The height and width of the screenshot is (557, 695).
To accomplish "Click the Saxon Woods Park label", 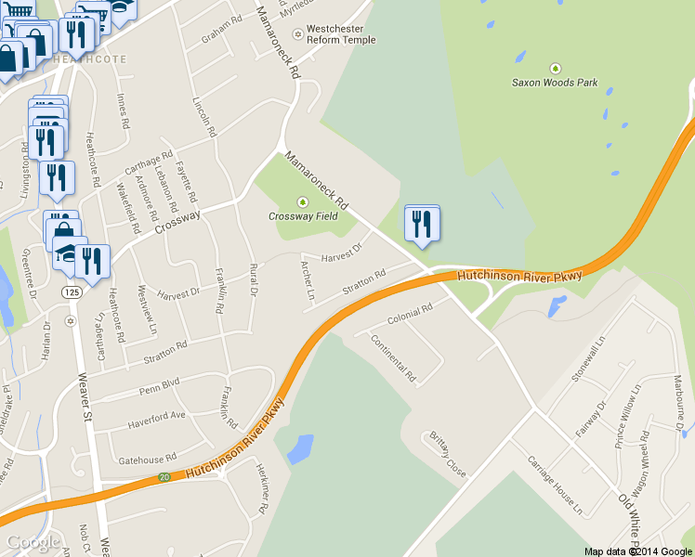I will [555, 82].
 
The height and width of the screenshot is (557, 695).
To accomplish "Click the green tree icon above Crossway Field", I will [300, 201].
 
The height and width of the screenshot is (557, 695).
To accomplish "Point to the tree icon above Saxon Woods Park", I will [556, 68].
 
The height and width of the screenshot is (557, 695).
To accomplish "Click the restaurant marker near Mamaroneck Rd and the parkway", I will [422, 225].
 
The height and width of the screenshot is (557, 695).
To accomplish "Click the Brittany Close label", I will [446, 454].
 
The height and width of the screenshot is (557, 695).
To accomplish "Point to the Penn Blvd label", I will [158, 384].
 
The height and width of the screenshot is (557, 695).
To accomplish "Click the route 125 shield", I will [72, 292].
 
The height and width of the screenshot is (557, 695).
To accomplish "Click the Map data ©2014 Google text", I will [636, 551].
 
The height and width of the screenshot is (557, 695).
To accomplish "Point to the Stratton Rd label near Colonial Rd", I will [363, 283].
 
